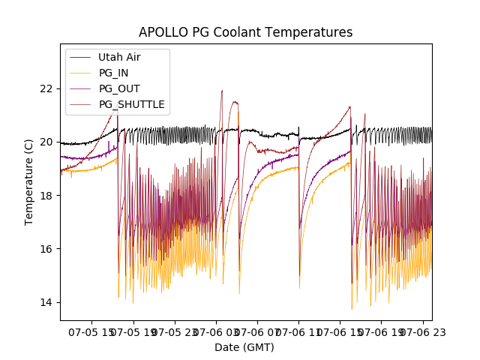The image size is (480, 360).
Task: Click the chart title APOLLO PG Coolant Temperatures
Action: (245, 32)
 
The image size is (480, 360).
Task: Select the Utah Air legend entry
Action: (118, 57)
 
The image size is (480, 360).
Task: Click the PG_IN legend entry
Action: (113, 73)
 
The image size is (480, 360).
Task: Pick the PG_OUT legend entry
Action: (118, 88)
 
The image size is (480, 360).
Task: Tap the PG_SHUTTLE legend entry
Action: (131, 104)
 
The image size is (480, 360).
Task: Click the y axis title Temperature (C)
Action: (29, 182)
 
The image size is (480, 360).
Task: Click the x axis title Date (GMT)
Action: (244, 347)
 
